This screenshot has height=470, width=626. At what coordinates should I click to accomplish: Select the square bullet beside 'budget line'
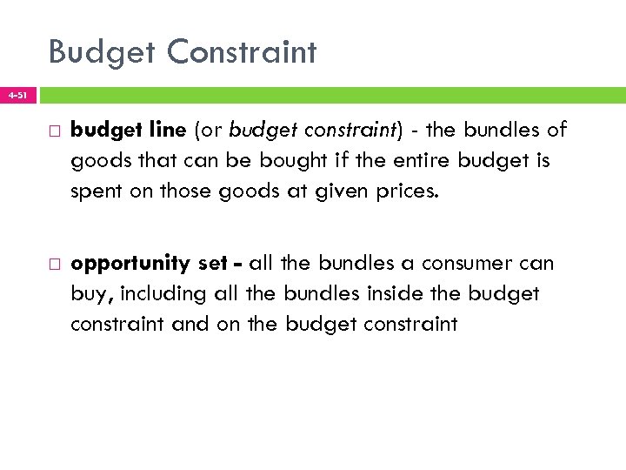point(50,131)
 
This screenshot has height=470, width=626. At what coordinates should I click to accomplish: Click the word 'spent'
point(97,191)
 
